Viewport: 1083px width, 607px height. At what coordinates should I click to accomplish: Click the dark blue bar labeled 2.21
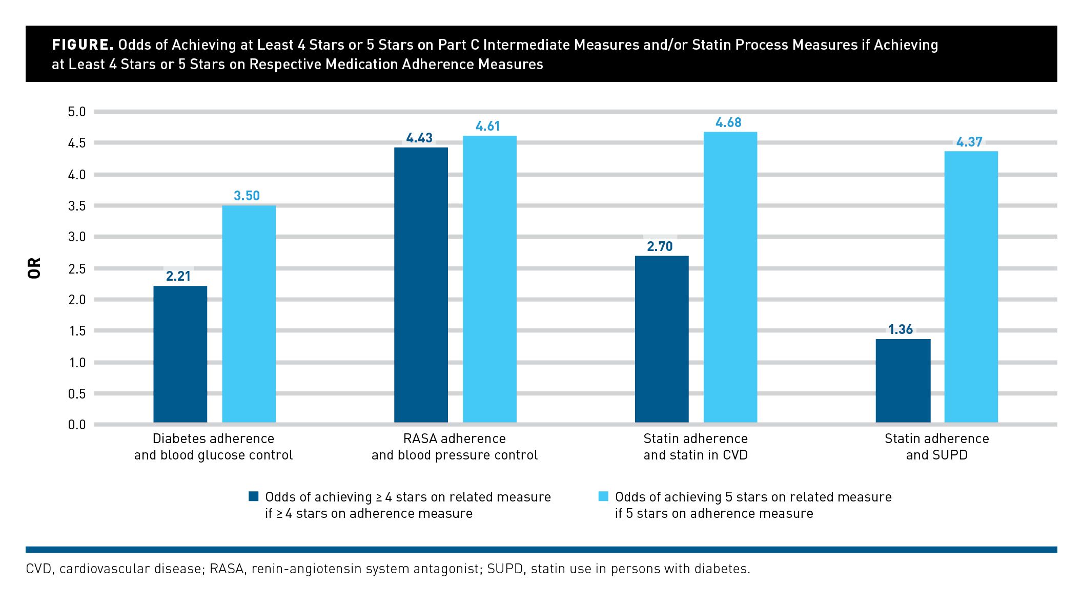pos(180,354)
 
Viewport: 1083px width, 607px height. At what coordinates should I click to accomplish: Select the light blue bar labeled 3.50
pos(249,314)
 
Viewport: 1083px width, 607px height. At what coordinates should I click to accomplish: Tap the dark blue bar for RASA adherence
pos(421,285)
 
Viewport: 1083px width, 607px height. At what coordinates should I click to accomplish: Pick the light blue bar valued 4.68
pos(730,277)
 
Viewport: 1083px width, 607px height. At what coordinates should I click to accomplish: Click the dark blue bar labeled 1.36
pos(903,381)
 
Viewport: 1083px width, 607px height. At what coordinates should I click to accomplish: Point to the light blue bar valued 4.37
pos(971,287)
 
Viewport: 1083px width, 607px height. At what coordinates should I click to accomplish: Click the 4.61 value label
pos(487,126)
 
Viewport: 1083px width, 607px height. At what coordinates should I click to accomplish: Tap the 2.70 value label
pos(660,246)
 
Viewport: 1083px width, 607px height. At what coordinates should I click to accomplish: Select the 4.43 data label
pos(419,138)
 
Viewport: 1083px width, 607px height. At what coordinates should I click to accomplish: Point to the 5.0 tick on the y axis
pos(77,112)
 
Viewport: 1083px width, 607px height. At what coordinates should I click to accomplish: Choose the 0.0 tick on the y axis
pos(77,425)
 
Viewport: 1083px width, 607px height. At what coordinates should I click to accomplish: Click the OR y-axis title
pos(34,268)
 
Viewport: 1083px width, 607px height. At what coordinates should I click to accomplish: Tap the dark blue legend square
pos(253,496)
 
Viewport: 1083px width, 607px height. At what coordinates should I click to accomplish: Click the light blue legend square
pos(603,496)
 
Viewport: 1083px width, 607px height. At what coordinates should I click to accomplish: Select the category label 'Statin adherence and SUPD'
pos(936,447)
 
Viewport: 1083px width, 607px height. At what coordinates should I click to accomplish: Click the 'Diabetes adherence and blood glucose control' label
pos(213,447)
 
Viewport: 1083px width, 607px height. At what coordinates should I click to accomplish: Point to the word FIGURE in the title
pos(82,45)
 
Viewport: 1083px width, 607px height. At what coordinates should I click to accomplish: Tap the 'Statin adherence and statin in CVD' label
pos(696,447)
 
